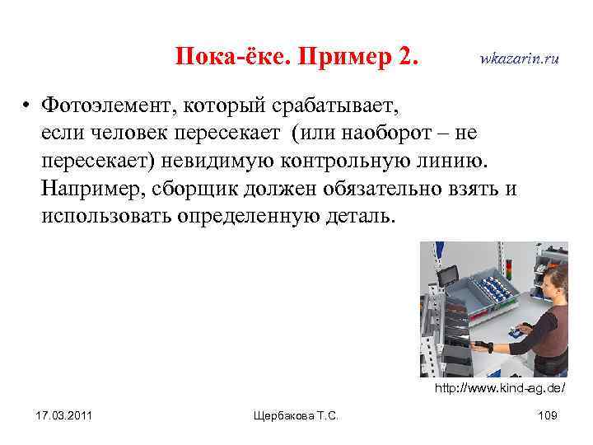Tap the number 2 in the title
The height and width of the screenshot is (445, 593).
tap(410, 56)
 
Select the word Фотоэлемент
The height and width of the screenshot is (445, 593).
tap(107, 106)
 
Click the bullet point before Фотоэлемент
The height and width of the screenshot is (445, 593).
tap(27, 107)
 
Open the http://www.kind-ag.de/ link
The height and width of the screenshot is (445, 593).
tap(499, 386)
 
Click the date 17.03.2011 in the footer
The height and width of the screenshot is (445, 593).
tap(65, 416)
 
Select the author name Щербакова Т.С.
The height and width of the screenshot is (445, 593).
tap(296, 416)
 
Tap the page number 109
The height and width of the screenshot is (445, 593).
tap(547, 416)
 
